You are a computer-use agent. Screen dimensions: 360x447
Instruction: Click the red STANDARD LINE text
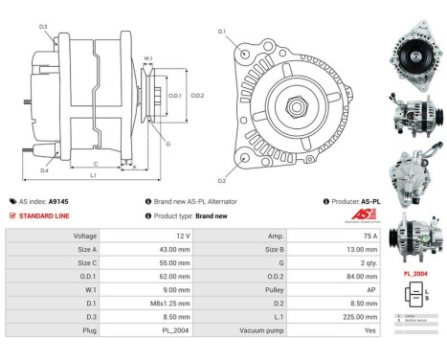(44, 216)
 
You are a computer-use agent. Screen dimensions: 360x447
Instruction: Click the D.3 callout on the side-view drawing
(43, 26)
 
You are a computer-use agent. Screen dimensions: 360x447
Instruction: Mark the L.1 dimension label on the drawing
(93, 175)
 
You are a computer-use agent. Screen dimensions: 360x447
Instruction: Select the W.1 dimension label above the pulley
(147, 59)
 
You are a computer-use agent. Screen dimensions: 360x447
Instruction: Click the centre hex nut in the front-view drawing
(294, 101)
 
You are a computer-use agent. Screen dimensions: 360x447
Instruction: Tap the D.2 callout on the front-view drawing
(222, 181)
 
